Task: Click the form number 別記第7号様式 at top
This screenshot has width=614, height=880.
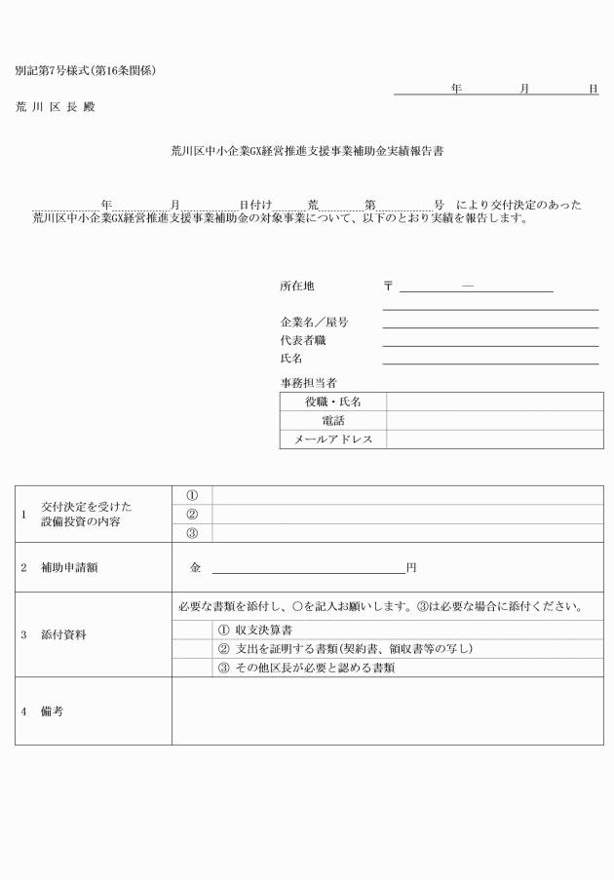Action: point(85,71)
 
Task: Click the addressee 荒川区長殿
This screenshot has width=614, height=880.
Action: point(55,106)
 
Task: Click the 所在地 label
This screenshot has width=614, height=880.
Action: point(297,287)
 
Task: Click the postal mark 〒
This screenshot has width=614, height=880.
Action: point(388,287)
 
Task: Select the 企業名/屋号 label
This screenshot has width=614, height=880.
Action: point(314,323)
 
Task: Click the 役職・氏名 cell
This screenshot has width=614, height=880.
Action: point(332,402)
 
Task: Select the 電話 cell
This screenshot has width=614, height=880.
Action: point(332,420)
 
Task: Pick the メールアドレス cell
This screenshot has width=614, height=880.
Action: point(332,440)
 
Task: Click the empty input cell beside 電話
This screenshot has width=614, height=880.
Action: point(492,420)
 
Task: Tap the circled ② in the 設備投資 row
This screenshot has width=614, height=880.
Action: point(192,515)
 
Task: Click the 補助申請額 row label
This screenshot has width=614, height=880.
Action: point(69,567)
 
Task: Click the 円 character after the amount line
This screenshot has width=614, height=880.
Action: point(411,567)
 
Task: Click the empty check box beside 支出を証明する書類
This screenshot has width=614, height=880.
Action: point(192,649)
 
